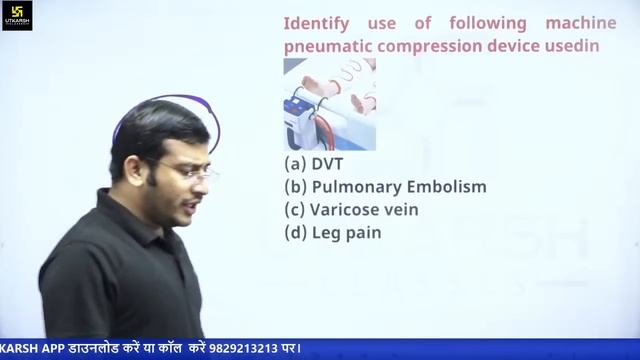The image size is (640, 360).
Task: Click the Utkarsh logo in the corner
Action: point(17,15)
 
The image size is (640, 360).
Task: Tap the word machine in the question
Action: point(581,23)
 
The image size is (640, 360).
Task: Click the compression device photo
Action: point(329,104)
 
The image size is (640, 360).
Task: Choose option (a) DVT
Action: point(308,164)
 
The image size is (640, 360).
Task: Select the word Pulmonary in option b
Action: point(357,187)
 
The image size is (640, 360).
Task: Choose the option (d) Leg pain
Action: point(332,233)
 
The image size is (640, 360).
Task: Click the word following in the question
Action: point(487,23)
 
